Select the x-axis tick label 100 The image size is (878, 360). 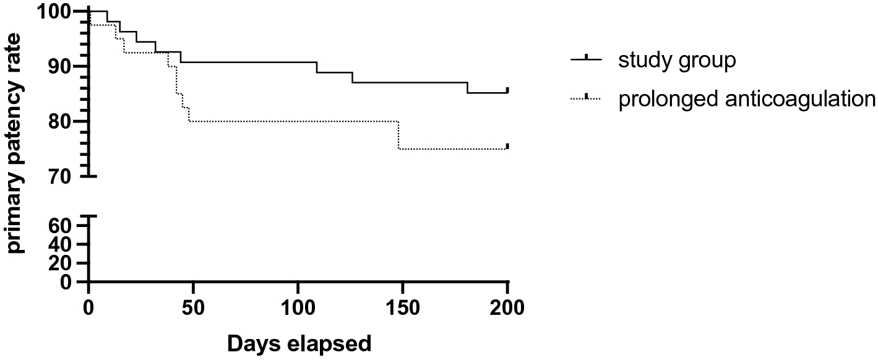298,306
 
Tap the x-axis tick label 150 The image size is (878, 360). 403,306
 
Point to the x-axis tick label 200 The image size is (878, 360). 507,306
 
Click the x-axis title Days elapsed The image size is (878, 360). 299,343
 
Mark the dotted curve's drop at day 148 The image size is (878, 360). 399,135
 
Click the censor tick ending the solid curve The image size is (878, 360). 507,90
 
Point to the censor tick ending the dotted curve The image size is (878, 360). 507,146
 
